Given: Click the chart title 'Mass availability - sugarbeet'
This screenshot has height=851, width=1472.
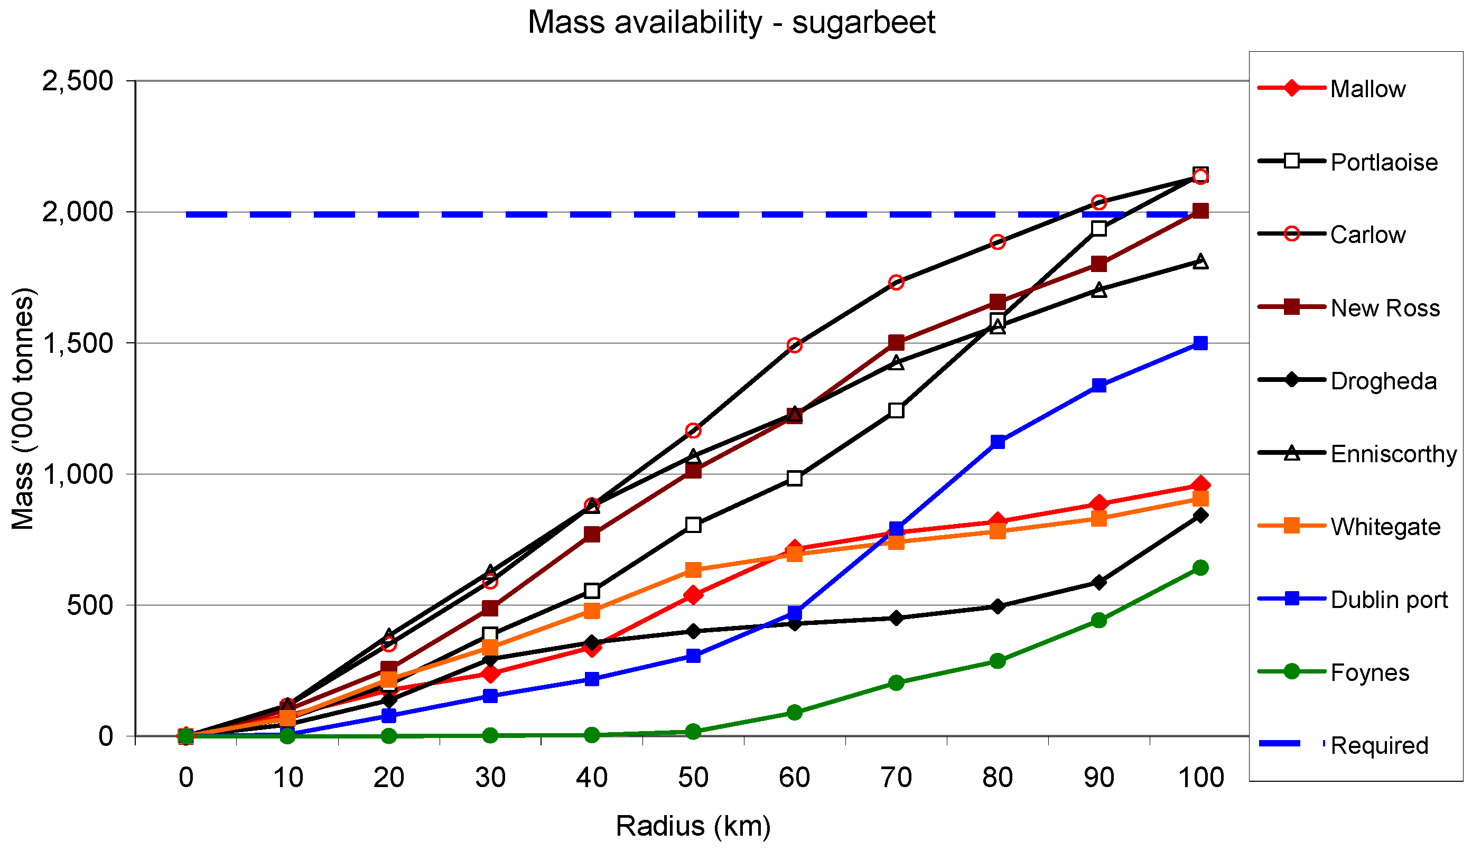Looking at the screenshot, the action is (731, 23).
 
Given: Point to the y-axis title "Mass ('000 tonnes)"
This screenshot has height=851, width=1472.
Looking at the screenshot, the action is (23, 408).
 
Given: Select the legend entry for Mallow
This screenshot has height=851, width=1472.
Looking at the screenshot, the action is (1332, 89).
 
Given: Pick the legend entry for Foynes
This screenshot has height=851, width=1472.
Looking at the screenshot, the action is (1334, 672).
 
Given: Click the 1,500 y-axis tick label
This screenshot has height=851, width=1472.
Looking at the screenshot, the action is (77, 343).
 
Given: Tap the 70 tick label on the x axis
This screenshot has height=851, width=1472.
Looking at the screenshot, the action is (896, 778).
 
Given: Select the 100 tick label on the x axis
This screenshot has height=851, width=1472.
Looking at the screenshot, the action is (1200, 778).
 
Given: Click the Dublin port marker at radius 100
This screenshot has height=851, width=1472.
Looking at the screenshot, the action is (1200, 343).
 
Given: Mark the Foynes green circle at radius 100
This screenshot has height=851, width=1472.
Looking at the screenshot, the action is (1200, 567).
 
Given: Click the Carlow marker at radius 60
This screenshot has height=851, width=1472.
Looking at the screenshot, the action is (795, 345).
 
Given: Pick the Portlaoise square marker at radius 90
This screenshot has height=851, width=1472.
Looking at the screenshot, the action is (1099, 228).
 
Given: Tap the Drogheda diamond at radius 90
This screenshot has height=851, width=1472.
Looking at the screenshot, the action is (1099, 582).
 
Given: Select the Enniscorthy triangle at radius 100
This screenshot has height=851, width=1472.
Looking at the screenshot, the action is (1200, 261).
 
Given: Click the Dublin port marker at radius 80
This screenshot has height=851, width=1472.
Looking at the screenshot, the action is (998, 442).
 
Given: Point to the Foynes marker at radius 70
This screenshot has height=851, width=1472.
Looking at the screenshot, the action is (896, 682).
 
